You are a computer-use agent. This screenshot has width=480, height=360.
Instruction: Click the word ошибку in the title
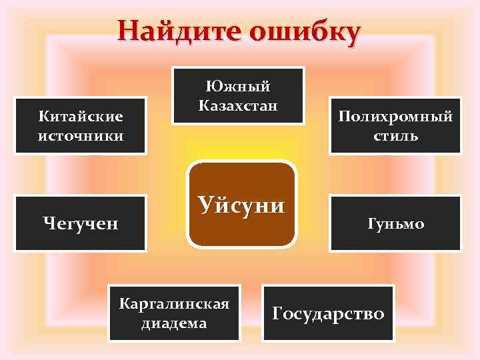[x=305, y=31]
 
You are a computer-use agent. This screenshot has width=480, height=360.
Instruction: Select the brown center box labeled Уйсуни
[x=241, y=204]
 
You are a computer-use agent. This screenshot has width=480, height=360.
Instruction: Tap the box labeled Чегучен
[x=80, y=223]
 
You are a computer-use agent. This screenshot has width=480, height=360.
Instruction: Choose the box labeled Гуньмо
[x=395, y=223]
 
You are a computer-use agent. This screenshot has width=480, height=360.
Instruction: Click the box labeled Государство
[x=328, y=313]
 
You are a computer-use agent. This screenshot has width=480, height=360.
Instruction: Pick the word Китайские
[x=81, y=117]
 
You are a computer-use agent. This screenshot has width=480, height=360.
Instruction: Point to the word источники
[x=81, y=136]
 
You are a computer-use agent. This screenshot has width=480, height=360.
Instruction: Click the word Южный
[x=238, y=87]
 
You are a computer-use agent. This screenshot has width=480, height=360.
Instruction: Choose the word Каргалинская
[x=174, y=304]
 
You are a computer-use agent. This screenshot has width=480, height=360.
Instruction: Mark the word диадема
[x=174, y=323]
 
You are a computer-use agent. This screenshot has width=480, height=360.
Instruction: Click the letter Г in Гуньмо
[x=371, y=223]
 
